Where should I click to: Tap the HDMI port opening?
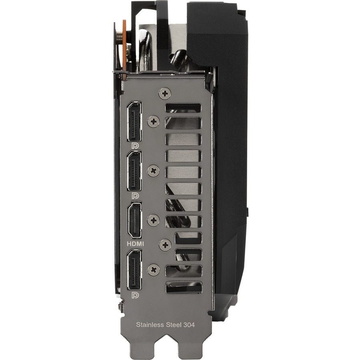point(134,220)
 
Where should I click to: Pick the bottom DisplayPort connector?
point(134,269)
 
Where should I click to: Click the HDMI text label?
point(135,244)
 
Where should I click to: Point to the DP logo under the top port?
point(135,146)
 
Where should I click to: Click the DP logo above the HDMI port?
point(135,195)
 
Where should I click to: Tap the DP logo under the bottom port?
point(135,295)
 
